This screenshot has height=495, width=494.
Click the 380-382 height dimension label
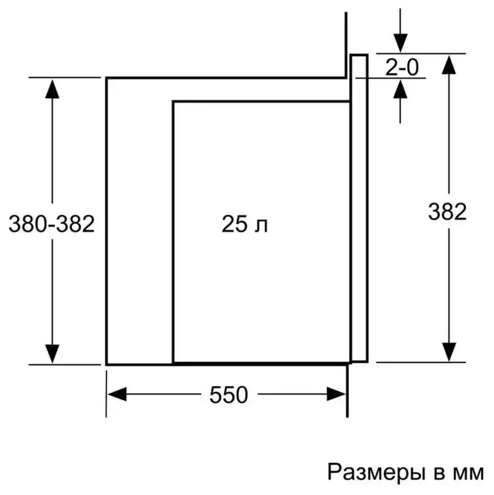coord(52,224)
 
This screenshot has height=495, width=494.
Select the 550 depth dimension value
coord(229,395)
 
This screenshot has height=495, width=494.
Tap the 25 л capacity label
coord(244,224)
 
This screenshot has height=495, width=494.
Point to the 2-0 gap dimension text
coord(402,67)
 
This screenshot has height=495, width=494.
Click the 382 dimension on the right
coord(447,211)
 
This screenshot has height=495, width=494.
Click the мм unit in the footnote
coord(468,474)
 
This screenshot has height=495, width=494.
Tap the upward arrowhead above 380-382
coord(52,89)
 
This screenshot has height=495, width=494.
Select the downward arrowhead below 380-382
coord(52,354)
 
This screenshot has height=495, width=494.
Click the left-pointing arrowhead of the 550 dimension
coord(117,394)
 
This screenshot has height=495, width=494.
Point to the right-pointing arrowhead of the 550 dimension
coord(336,394)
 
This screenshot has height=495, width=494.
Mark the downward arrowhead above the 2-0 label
coord(400,43)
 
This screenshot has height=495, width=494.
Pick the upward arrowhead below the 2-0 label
coord(400,89)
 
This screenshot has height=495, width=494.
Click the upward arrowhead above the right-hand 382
coord(449,64)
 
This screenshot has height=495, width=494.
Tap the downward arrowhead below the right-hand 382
coord(449,352)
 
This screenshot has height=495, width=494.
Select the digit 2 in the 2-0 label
coord(391,67)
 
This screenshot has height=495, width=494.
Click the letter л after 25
coord(261,226)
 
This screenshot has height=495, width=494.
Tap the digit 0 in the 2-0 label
coord(412,68)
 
